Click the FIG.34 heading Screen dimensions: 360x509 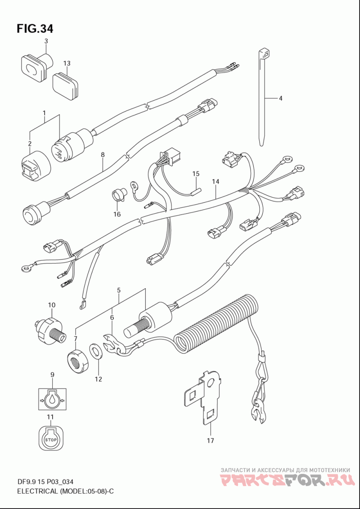[35, 29]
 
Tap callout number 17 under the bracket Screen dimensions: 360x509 [210, 441]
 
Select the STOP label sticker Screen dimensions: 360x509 [51, 438]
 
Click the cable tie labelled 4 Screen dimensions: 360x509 [262, 99]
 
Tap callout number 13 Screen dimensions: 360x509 [67, 63]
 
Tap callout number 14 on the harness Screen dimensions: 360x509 [216, 182]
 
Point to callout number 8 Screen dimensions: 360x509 [103, 155]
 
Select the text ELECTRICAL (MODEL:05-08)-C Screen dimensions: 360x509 [65, 491]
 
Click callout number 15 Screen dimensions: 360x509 [195, 174]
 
